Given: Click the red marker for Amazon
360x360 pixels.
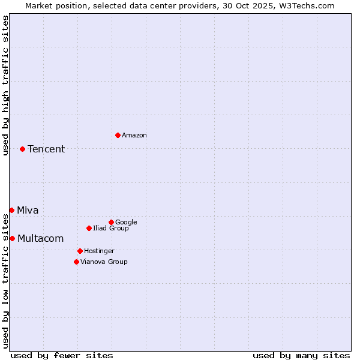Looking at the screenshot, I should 118,135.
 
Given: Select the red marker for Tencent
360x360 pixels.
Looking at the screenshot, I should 22,149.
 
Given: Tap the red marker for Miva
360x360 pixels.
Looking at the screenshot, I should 11,210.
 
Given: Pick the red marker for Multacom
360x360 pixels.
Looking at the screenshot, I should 12,238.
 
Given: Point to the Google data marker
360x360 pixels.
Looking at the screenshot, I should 111,222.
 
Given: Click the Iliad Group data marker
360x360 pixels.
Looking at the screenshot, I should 89,228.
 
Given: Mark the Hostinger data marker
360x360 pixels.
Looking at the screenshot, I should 80,251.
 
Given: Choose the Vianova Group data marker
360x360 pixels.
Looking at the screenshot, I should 76,262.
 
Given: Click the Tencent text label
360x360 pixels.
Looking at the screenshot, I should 46,149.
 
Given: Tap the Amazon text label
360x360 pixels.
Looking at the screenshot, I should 134,136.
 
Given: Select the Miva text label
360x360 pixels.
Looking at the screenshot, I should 28,210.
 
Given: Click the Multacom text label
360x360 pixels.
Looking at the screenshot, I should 40,238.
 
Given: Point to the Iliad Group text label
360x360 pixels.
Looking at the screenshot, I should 111,229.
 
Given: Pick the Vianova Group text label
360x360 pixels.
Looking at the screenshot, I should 104,262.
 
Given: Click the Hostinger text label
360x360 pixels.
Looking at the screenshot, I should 99,251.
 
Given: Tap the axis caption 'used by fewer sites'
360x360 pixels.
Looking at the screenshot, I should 62,355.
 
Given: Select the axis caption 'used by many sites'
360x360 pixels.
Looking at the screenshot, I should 301,355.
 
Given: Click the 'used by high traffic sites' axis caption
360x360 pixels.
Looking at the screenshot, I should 5,85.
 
